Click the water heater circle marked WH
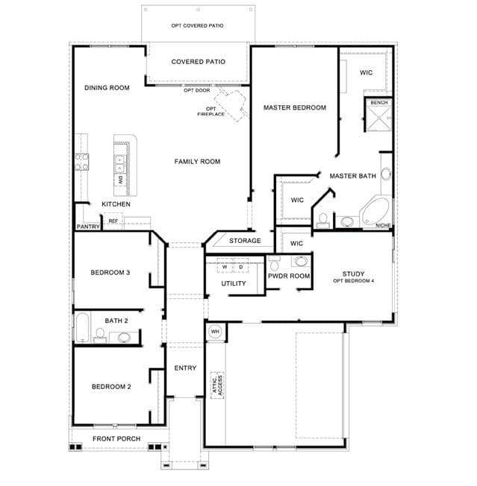pos(215,332)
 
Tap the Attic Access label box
pos(217,385)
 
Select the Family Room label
pos(197,162)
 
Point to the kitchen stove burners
pos(82,162)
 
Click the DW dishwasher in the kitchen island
pos(121,180)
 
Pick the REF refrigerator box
pos(113,221)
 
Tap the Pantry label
pos(88,227)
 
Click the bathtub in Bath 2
pos(83,327)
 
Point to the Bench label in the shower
pos(379,103)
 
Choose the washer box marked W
pos(225,266)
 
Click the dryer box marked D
pos(241,266)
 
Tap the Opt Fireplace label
pos(211,112)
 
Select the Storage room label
pos(245,241)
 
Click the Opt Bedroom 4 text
pos(354,281)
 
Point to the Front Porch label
pos(116,438)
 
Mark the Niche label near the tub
pos(383,225)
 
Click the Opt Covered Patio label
pos(197,26)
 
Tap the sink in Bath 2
pos(124,337)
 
